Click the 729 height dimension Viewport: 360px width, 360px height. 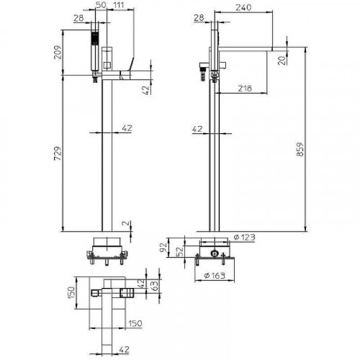pyautogui.click(x=58, y=153)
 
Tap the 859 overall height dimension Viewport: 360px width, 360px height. pyautogui.click(x=300, y=149)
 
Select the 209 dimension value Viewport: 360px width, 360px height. pyautogui.click(x=58, y=53)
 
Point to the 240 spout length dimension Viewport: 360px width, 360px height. pyautogui.click(x=243, y=7)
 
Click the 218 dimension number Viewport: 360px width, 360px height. pyautogui.click(x=245, y=89)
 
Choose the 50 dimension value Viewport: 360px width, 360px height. pyautogui.click(x=101, y=5)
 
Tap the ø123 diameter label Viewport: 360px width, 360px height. pyautogui.click(x=245, y=237)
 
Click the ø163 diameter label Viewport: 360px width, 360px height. pyautogui.click(x=215, y=276)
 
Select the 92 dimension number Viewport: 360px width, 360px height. pyautogui.click(x=163, y=247)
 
